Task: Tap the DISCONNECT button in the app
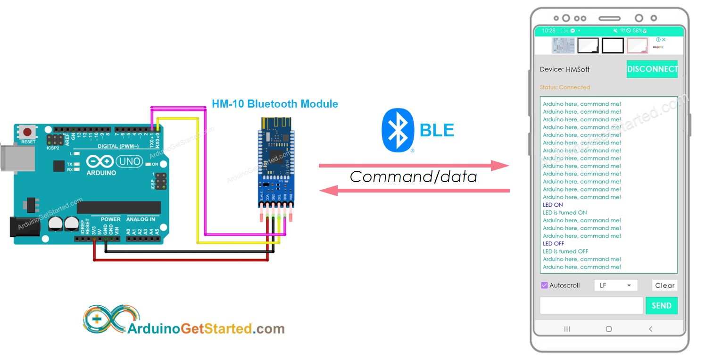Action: tap(652, 69)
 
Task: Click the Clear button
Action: tap(664, 285)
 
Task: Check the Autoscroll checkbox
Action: tap(544, 285)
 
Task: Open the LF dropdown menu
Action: tap(615, 285)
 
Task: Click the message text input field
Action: tap(591, 305)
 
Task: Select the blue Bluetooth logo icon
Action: tap(398, 131)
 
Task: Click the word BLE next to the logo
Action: tap(437, 131)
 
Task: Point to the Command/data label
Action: tap(413, 177)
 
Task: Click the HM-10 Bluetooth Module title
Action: tap(274, 104)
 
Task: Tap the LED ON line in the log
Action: tap(553, 205)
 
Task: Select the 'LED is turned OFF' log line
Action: tap(565, 251)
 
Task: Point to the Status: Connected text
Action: tap(565, 87)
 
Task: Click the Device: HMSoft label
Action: tap(565, 69)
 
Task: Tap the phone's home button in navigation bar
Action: tap(608, 329)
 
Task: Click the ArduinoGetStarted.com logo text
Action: tap(206, 328)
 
